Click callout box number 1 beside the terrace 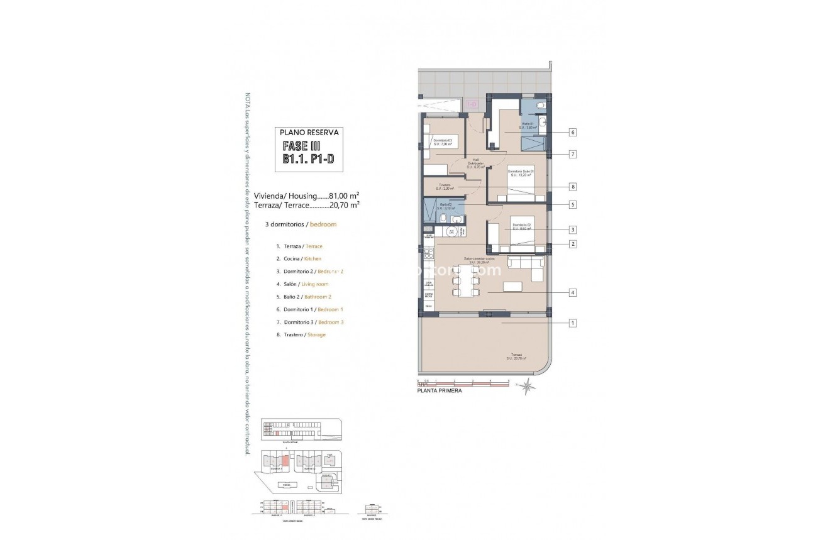(x=572, y=323)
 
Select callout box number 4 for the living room (x=572, y=292)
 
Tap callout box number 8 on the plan (x=572, y=187)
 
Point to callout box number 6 (x=572, y=133)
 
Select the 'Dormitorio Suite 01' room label (x=521, y=173)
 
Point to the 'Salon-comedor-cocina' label (x=479, y=260)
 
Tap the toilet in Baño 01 (x=542, y=106)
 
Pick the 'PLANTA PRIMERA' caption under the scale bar (x=440, y=390)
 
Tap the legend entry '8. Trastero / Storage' (x=301, y=334)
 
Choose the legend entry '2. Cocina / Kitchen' (x=298, y=259)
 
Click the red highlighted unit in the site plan (x=285, y=461)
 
